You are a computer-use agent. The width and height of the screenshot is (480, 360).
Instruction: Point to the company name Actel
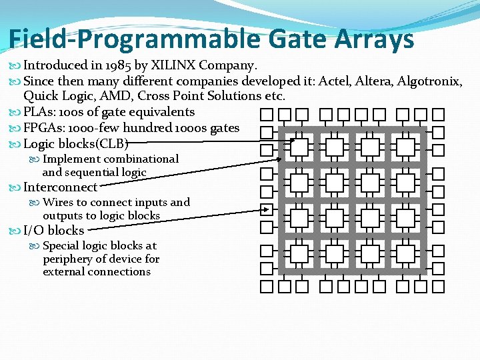click(x=335, y=81)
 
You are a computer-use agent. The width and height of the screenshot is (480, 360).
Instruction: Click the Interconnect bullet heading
click(x=60, y=187)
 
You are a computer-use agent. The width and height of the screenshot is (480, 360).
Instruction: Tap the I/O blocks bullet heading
click(x=53, y=231)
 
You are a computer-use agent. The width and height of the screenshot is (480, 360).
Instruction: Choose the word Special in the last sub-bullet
click(x=62, y=245)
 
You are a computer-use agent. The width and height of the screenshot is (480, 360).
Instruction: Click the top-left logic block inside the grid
click(x=299, y=147)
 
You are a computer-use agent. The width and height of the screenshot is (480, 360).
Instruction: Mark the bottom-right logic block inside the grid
click(x=406, y=253)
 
